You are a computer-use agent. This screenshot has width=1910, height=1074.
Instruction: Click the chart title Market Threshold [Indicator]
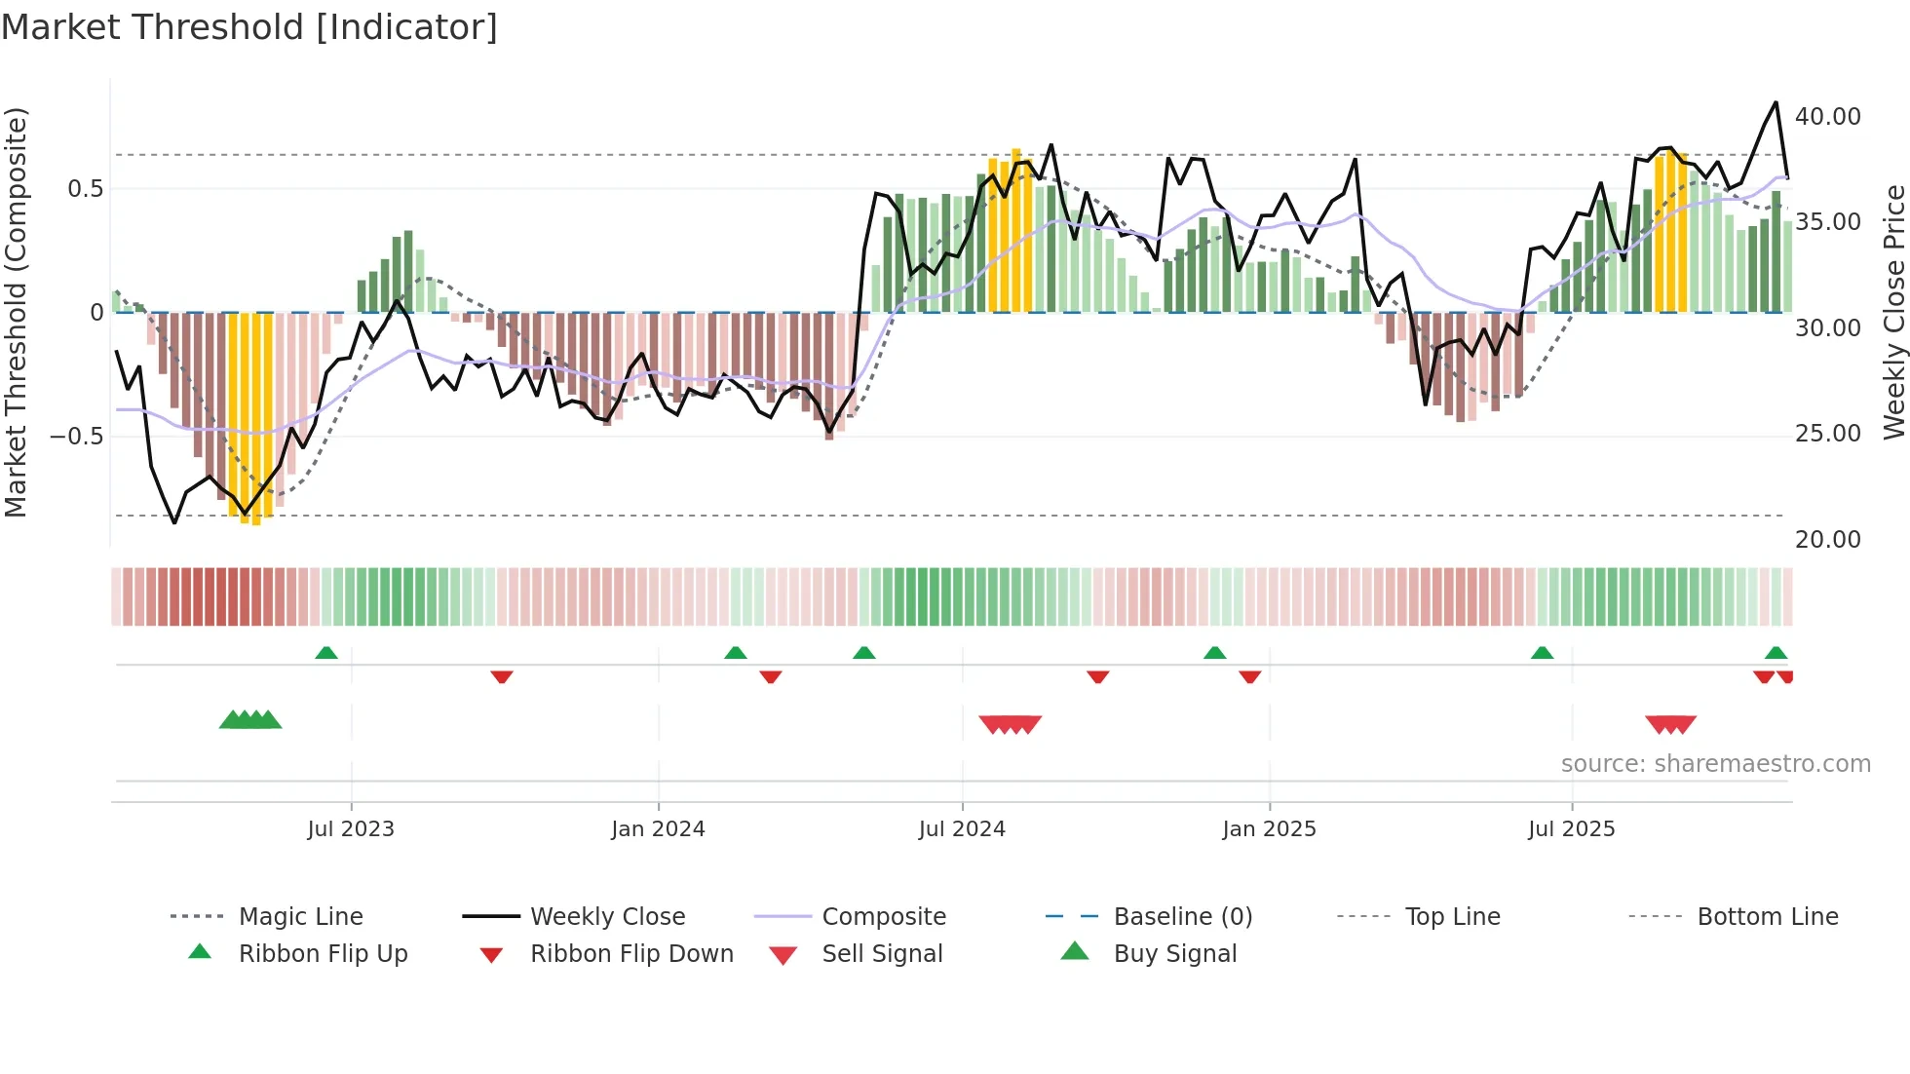[249, 27]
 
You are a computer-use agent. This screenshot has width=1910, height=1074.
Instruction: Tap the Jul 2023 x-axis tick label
[351, 829]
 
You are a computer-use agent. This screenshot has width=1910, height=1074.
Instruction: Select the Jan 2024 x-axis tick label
[658, 829]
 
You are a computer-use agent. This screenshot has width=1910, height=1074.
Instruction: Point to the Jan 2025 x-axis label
[1269, 829]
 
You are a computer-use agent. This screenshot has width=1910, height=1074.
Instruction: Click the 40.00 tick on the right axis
[1827, 117]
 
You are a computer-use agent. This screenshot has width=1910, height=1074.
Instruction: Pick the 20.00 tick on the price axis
[1827, 540]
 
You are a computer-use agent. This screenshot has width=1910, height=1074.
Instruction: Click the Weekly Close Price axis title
[1893, 312]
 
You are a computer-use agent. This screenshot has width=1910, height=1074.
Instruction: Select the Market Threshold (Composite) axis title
[16, 312]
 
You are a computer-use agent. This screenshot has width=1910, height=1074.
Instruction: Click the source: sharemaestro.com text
[1715, 764]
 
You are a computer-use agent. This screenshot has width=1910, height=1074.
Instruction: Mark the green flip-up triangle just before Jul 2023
[326, 653]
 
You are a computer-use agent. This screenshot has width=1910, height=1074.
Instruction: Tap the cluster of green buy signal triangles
[250, 720]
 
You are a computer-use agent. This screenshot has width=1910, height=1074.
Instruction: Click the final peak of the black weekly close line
[1776, 102]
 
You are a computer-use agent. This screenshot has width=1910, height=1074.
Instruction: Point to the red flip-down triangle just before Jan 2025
[1249, 676]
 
